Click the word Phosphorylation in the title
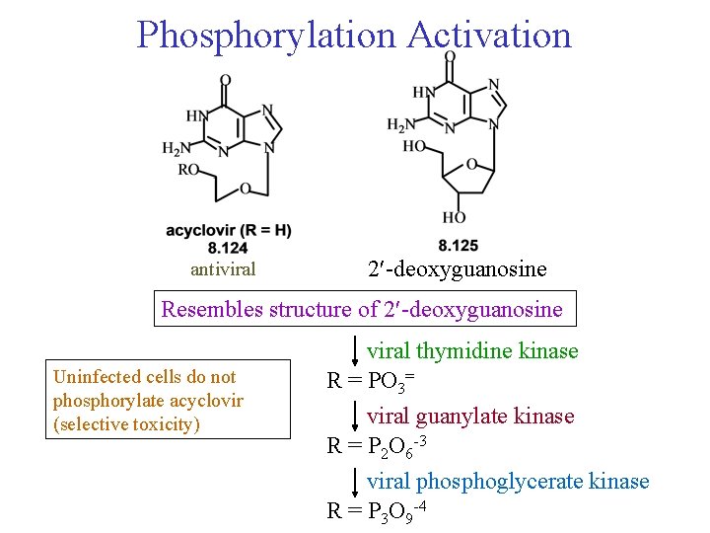point(265,35)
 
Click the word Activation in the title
point(489,35)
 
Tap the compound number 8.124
point(229,247)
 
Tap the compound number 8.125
point(458,245)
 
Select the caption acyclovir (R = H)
point(229,231)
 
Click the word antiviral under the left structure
point(223,269)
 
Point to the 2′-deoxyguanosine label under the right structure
point(457,269)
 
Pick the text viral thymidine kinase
point(472,350)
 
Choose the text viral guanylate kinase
point(470,416)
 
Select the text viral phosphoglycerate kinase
point(508,482)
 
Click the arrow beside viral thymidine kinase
point(355,350)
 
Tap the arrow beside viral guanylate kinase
point(355,416)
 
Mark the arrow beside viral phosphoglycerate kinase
point(355,482)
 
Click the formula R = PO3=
point(370,380)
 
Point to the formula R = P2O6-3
point(376,446)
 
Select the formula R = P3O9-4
point(376,510)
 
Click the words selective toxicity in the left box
point(126,425)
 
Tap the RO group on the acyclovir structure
point(187,169)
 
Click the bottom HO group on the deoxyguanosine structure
point(455,217)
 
